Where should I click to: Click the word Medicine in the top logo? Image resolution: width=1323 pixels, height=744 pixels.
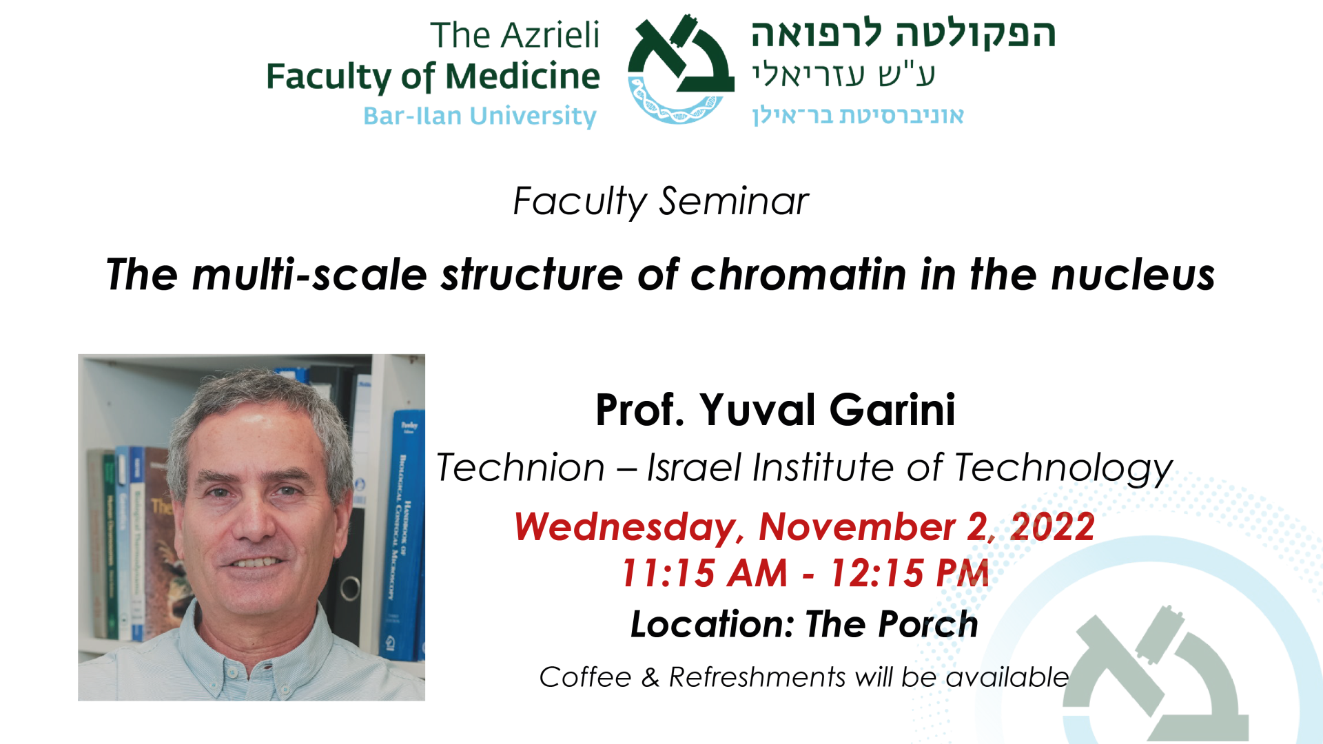click(x=522, y=76)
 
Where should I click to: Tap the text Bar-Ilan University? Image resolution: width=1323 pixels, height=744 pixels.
click(x=480, y=116)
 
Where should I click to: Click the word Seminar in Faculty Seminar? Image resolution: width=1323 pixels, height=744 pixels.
click(x=734, y=201)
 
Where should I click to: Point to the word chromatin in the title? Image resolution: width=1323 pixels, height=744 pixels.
click(x=799, y=275)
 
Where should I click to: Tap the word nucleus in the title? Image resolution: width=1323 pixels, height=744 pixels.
click(x=1133, y=275)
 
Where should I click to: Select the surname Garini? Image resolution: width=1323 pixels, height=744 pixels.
click(x=892, y=410)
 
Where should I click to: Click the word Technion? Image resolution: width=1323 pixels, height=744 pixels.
click(x=521, y=468)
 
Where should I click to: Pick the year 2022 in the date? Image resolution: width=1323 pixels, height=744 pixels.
click(x=1052, y=527)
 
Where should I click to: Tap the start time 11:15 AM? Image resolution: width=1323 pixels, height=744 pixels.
click(x=704, y=573)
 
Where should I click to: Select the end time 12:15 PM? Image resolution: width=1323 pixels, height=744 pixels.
click(x=910, y=573)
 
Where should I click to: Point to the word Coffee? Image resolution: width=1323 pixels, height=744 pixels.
click(x=586, y=677)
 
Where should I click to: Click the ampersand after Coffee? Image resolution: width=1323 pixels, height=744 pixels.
click(x=650, y=677)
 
